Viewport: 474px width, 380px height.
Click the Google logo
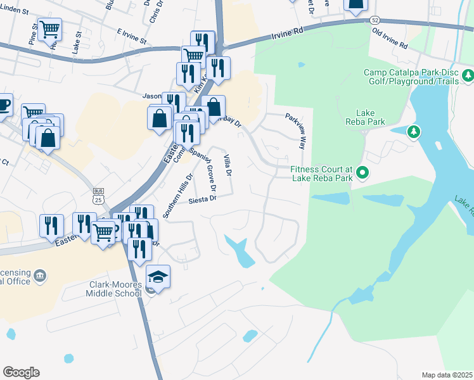pos(21,372)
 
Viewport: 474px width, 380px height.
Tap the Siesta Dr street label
pos(203,199)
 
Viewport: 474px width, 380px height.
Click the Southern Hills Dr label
pos(177,196)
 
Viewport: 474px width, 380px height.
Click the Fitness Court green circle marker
pos(362,172)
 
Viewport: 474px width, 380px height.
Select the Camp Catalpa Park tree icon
pos(468,76)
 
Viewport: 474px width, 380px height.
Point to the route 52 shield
pos(375,20)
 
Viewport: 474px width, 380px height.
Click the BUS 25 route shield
pos(98,196)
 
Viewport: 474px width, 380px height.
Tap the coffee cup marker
pos(3,103)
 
